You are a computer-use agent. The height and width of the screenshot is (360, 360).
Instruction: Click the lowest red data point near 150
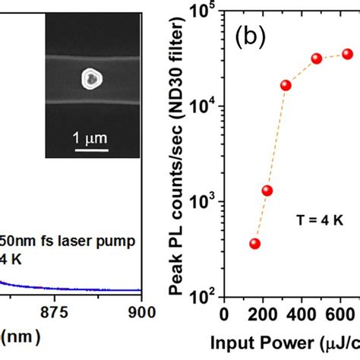pyautogui.click(x=255, y=244)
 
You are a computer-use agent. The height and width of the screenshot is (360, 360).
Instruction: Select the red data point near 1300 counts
pyautogui.click(x=267, y=191)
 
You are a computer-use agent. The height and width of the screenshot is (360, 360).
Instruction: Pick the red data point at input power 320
pyautogui.click(x=286, y=85)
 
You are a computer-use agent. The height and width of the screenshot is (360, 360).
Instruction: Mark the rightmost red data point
pyautogui.click(x=347, y=54)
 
